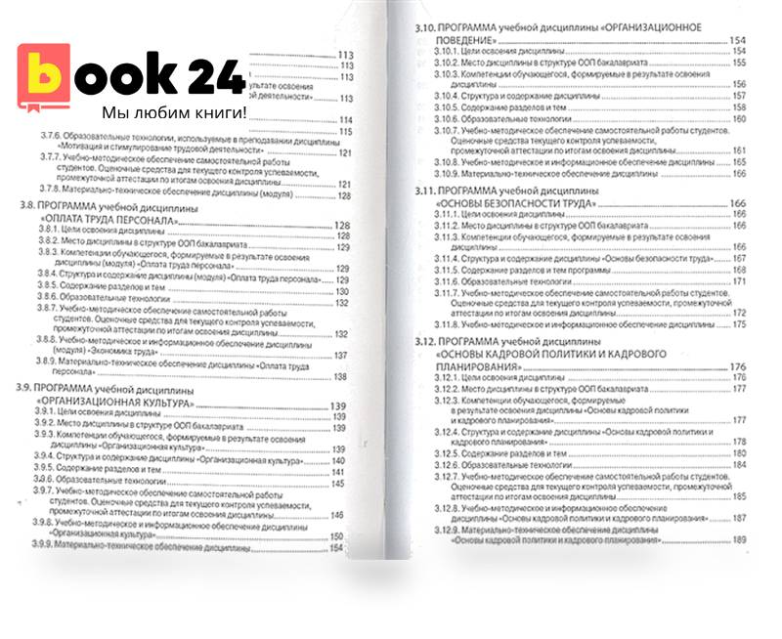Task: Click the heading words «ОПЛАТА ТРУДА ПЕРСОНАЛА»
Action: (108, 223)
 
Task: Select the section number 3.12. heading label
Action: (430, 341)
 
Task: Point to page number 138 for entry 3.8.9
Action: (341, 376)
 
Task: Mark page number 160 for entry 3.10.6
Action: (739, 119)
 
